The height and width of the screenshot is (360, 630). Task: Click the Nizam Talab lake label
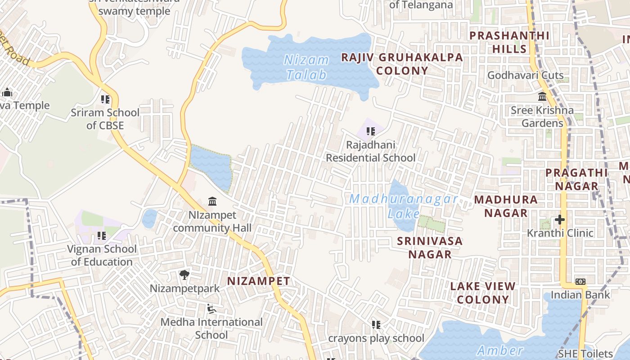306,67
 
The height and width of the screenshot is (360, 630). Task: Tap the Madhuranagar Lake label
403,206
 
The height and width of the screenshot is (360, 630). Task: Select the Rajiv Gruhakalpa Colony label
402,64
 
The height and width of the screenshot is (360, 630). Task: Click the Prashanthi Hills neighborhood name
509,42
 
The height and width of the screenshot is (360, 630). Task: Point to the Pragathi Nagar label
576,179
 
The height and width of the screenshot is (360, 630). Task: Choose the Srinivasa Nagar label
429,247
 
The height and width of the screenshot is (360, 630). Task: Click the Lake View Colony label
483,292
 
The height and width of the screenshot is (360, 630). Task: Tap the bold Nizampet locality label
258,281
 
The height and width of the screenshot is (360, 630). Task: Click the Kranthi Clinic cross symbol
560,220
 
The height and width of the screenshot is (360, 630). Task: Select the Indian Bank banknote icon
580,282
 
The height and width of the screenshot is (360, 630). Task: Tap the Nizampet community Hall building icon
212,201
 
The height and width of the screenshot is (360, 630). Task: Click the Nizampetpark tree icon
184,274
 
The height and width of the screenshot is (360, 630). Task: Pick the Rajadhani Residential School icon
371,131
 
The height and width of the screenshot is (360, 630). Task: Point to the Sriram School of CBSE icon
105,99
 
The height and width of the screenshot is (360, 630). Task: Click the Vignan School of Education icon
102,235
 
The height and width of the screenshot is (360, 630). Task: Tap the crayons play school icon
376,324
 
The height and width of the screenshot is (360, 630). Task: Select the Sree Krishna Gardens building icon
542,97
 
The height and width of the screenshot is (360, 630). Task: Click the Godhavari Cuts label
525,75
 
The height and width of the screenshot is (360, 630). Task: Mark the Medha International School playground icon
211,309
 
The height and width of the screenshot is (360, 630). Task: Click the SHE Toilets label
585,354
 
